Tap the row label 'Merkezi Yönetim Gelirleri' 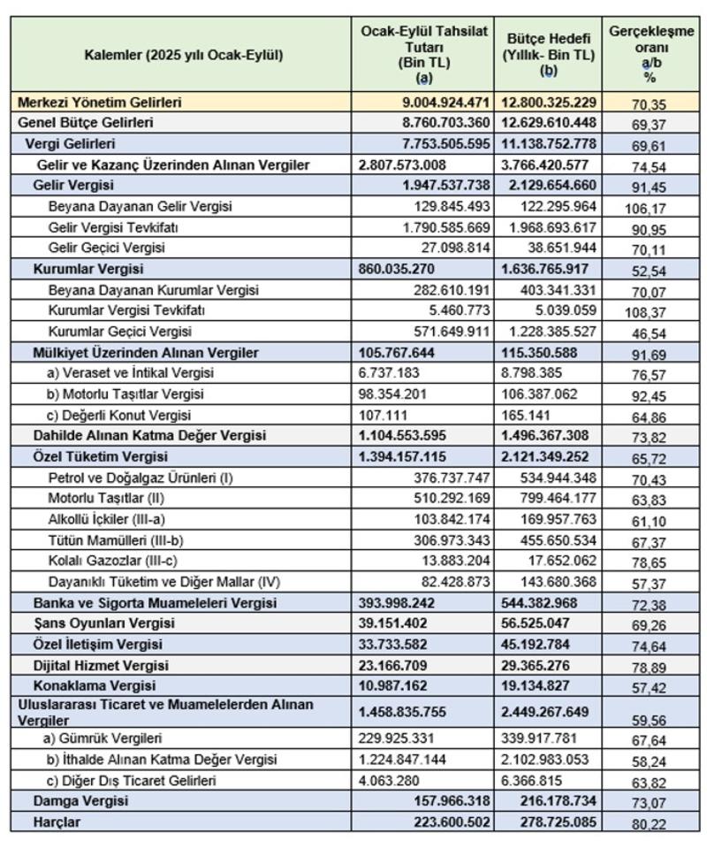(99, 103)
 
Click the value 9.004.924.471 (433, 103)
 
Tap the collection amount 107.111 (384, 415)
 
